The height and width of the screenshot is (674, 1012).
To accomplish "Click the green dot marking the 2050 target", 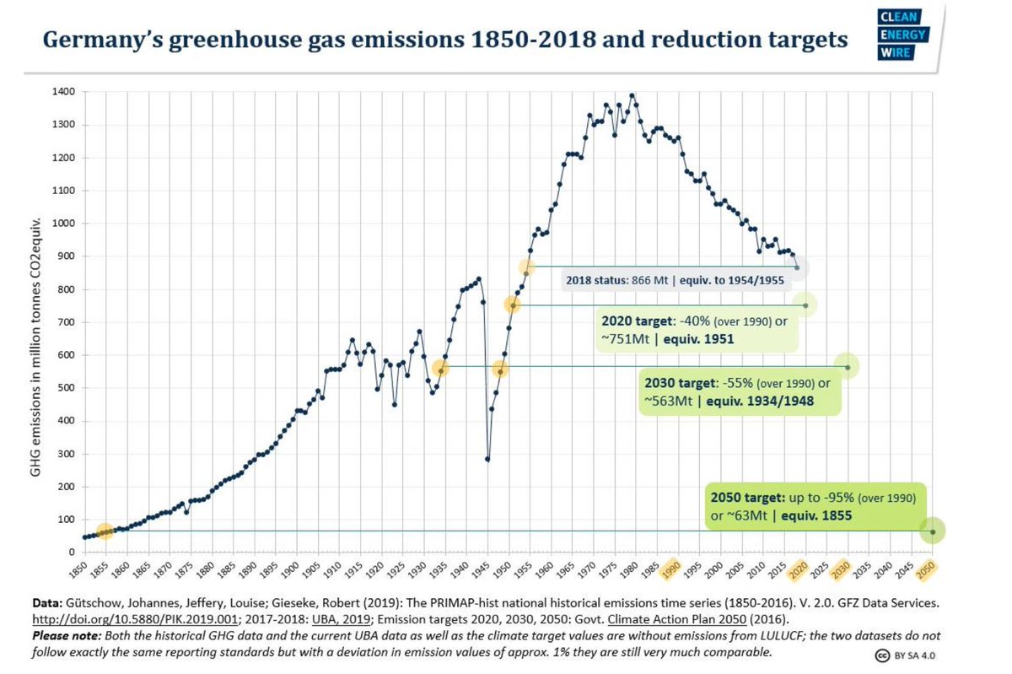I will click(933, 531).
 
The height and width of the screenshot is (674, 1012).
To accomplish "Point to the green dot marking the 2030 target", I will click(848, 366).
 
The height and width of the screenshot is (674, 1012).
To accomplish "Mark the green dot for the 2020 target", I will click(805, 305).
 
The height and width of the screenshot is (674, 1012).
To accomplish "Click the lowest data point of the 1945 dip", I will click(487, 459).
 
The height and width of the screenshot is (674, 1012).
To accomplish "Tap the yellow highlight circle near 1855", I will click(104, 531).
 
